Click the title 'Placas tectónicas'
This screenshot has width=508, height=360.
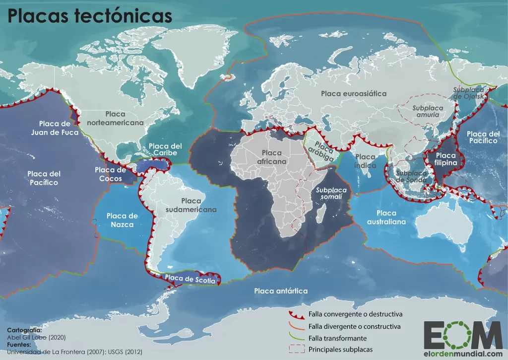click(89, 16)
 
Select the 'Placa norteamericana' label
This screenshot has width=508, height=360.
click(115, 118)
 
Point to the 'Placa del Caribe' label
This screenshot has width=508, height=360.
click(166, 149)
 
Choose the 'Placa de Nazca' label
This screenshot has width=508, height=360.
click(122, 220)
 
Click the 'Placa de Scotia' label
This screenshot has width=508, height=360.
click(190, 280)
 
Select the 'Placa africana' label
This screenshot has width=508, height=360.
click(272, 157)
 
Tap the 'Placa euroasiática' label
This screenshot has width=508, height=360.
click(353, 93)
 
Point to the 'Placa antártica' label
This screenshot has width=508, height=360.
click(281, 290)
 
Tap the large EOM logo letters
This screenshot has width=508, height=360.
click(463, 335)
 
